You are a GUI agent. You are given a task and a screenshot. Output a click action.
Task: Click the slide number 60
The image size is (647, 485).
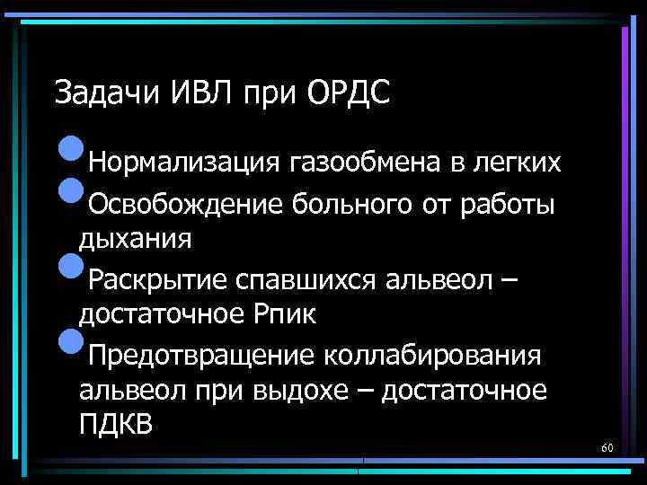(x=607, y=447)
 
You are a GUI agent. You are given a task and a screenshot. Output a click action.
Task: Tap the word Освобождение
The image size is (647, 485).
(x=185, y=206)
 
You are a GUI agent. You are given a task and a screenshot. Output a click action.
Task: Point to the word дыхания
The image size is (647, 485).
(x=135, y=240)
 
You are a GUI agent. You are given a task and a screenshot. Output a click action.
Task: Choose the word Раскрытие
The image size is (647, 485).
(x=157, y=280)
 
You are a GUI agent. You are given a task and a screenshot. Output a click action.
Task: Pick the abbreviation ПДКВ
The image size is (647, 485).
(x=117, y=424)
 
